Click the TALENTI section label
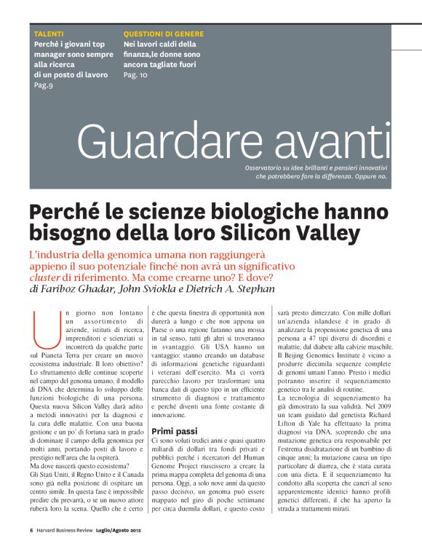tap(49, 34)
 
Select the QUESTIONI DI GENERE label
tap(163, 34)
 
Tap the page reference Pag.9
tap(44, 84)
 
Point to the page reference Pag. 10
tap(135, 75)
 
